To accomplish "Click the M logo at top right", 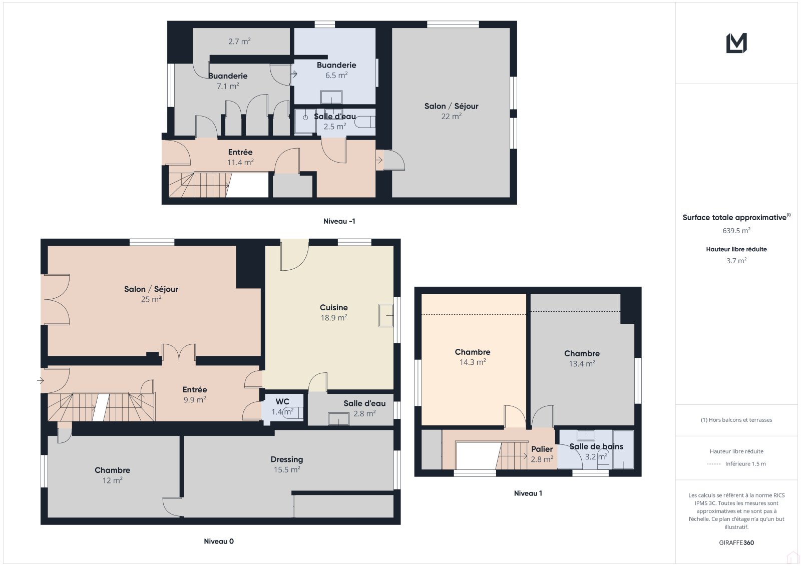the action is pos(736,43).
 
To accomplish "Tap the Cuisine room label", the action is pos(333,307).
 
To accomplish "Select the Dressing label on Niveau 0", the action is pos(287,459).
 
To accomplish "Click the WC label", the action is pos(282,401).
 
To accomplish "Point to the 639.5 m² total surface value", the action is pos(736,231).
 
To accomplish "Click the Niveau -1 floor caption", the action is pos(339,221).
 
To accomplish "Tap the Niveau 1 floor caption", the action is pos(528,493).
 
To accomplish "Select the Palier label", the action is pos(542,449).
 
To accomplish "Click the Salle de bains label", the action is pos(596,446).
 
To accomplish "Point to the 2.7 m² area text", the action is pos(239,42).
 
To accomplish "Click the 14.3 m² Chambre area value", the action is pos(473,362).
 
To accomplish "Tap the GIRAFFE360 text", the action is pos(736,543).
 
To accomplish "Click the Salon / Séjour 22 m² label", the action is pos(451,111).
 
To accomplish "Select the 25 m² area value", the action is pos(151,299).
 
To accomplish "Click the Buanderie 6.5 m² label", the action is pos(336,70).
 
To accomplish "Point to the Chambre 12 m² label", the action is pos(112,475).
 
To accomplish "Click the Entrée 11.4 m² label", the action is pos(240,157).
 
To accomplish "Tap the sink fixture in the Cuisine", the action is pos(386,315).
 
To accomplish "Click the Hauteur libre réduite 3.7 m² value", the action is pos(736,261).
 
